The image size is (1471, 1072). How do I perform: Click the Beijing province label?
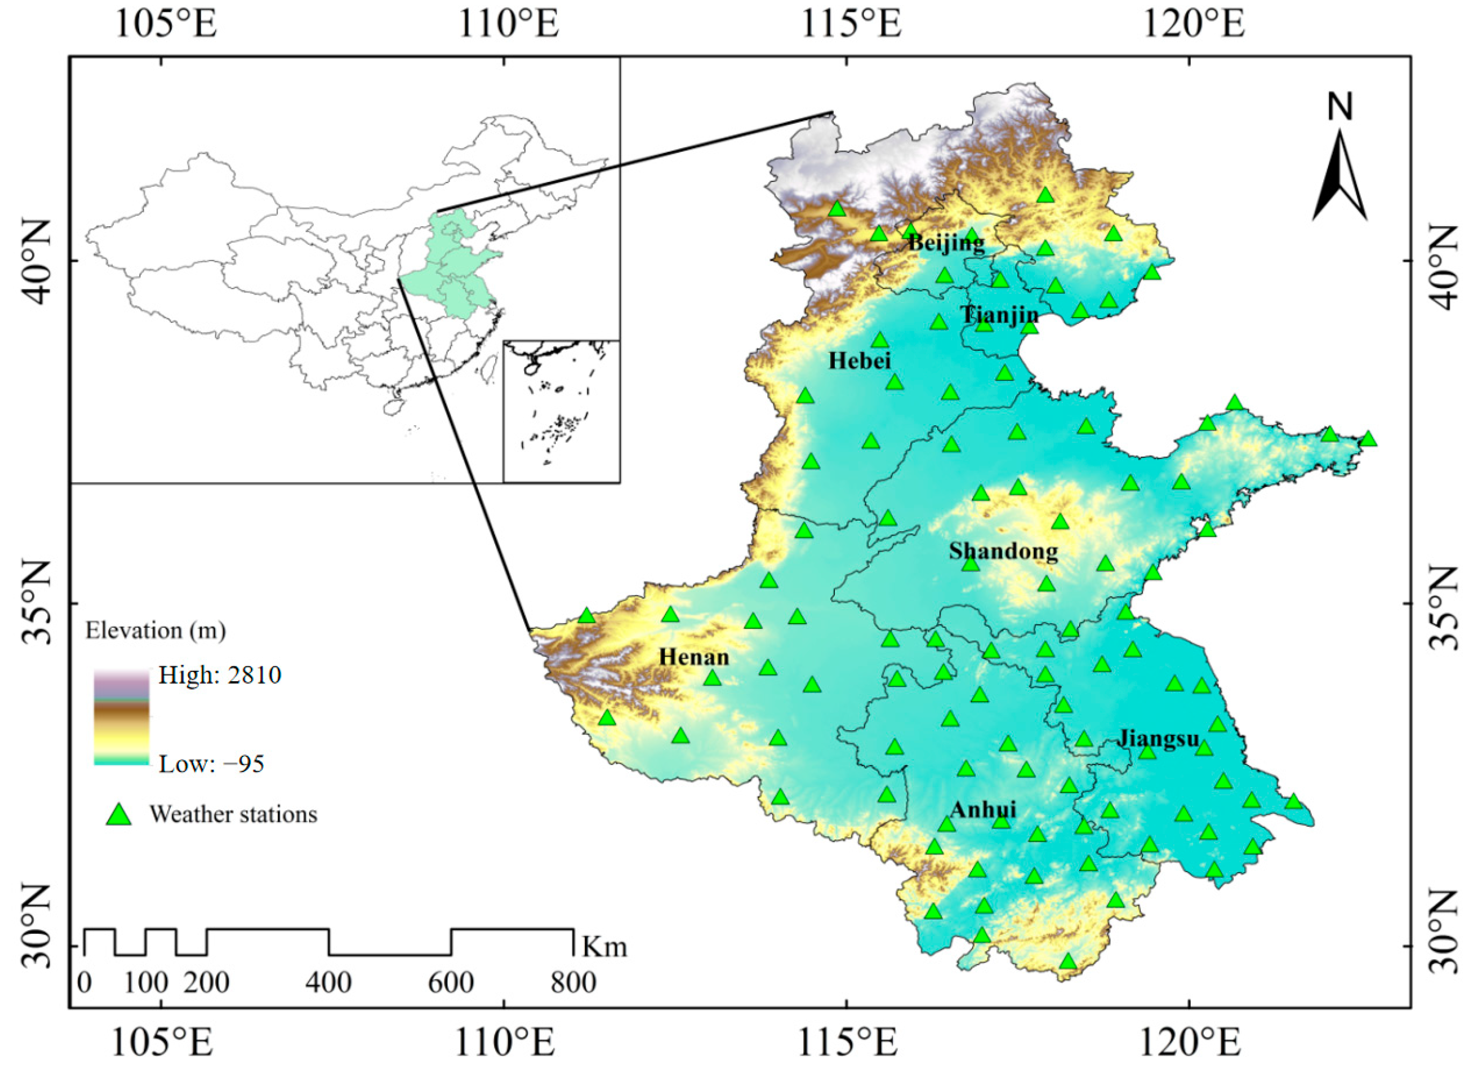pos(946,243)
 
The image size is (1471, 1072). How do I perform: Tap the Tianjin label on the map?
pos(1000,315)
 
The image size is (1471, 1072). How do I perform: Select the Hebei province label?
pos(859,361)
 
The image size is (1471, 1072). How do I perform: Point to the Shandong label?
pos(1003,551)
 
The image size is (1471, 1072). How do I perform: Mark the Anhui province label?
pos(983,809)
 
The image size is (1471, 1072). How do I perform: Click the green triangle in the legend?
pos(119,815)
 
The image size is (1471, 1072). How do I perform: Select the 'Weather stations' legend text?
pos(234,814)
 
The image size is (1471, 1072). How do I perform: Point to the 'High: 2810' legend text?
pos(220,676)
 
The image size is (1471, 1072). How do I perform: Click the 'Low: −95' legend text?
pos(211,764)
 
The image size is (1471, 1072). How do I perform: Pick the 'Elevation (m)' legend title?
pos(156,631)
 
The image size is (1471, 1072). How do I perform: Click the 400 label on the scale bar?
pos(329,983)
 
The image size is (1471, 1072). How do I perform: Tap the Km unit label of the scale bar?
pos(604,947)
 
